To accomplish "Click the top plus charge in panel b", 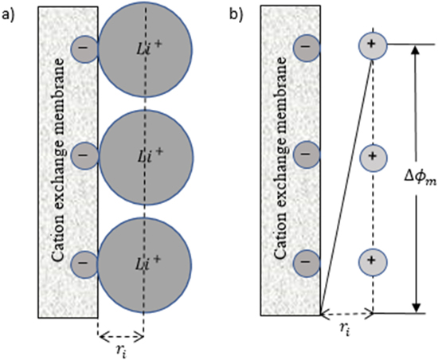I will pos(371,45).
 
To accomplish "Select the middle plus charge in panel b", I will pos(371,156).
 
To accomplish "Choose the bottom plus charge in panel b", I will pos(371,260).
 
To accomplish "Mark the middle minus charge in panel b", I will pos(307,153).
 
